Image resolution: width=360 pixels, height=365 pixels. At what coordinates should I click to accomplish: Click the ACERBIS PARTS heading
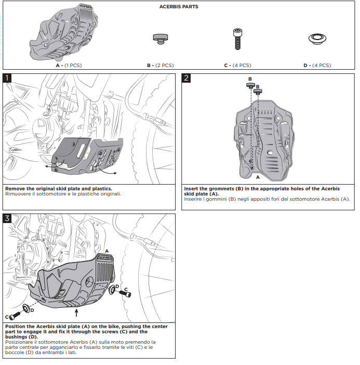coord(178,7)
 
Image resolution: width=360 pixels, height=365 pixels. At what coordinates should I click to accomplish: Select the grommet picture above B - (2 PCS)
coord(159,37)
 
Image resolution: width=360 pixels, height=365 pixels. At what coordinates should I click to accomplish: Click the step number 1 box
coord(8,79)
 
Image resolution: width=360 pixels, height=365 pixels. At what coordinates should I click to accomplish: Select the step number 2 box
coord(186,79)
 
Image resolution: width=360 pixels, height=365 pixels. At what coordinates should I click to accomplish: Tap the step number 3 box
coord(8,218)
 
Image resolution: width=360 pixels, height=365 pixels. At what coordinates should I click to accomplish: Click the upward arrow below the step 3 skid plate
coord(77,312)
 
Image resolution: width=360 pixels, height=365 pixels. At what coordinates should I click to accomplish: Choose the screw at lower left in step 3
coord(16,315)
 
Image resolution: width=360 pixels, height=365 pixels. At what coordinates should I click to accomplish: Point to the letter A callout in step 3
coord(107,251)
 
